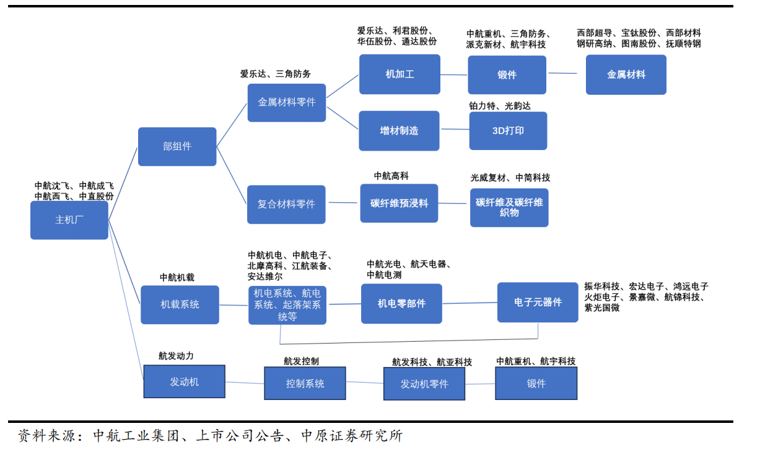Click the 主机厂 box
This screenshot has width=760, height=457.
69,220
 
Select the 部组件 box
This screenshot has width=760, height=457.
177,146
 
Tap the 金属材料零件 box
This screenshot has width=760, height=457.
287,102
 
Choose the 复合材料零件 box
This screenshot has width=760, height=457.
286,204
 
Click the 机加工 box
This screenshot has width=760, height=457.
400,74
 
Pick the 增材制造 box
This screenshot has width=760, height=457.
399,131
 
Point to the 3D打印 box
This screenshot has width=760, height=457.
508,131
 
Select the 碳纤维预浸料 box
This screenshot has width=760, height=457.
399,203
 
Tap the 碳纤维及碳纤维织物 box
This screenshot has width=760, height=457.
509,208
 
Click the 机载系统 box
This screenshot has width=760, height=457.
180,304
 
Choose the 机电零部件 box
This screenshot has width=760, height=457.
401,303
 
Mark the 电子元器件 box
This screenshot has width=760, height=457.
538,302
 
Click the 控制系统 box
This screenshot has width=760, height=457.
305,383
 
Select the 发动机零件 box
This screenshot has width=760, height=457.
424,384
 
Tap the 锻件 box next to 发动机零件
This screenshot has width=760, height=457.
536,383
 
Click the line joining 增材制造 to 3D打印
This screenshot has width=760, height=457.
455,130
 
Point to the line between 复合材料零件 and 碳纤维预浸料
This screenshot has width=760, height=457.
343,203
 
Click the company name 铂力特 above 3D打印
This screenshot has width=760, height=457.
483,106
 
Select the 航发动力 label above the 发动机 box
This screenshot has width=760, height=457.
176,356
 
